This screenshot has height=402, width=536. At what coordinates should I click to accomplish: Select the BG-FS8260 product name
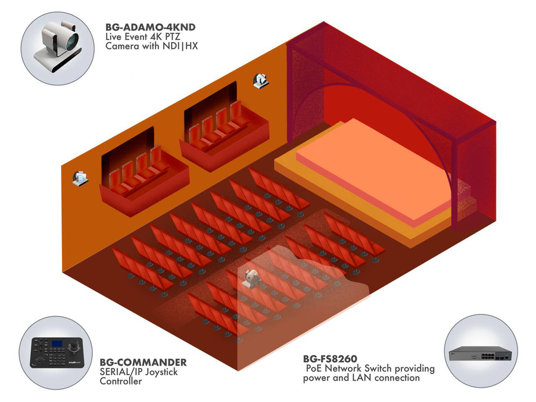coord(330,359)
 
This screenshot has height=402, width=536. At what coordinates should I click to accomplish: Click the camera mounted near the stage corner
coord(260,80)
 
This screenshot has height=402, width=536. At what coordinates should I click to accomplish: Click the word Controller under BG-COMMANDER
coord(121,381)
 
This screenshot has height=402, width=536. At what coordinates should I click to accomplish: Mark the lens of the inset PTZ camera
coord(70,40)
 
